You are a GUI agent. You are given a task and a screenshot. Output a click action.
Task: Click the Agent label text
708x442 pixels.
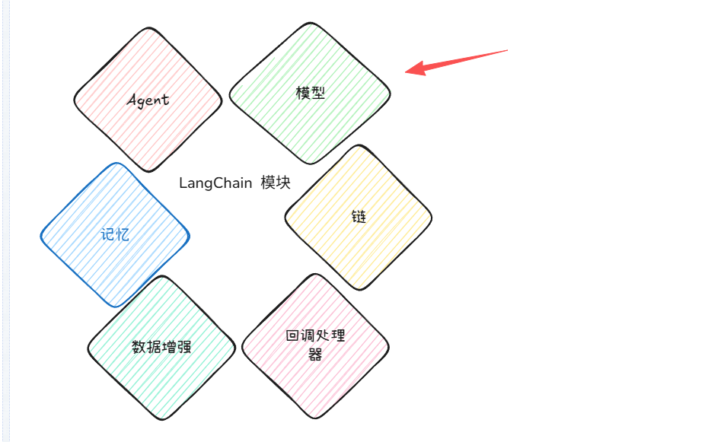point(148,100)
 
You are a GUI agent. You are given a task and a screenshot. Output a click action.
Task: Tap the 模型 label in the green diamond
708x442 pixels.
point(310,93)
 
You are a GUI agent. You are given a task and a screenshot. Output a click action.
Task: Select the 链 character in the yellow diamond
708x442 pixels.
point(359,217)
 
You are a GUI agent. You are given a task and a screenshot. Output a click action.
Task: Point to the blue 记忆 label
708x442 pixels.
point(115,234)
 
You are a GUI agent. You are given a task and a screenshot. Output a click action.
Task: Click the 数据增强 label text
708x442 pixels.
point(161,347)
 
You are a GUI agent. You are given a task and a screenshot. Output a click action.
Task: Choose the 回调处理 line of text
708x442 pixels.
point(316,335)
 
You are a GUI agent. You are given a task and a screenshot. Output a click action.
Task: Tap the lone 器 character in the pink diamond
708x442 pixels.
point(315,355)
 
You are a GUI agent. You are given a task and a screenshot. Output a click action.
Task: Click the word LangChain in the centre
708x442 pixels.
point(215,183)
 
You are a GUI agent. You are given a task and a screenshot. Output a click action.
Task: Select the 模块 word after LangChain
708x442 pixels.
point(276,183)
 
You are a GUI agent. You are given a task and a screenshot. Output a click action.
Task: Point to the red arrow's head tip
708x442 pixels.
point(406,72)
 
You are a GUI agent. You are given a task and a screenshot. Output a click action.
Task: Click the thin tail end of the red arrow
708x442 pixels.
point(508,50)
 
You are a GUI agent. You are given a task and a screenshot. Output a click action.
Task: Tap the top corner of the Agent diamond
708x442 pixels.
point(148,28)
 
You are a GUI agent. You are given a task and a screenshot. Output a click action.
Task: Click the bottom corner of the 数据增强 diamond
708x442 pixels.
point(162,419)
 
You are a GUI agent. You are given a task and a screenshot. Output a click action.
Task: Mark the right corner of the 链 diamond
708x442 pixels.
point(432,218)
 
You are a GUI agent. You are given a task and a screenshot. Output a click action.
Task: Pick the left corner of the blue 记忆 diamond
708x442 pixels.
point(41,235)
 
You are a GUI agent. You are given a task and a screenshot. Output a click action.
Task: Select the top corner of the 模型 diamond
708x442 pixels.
point(310,23)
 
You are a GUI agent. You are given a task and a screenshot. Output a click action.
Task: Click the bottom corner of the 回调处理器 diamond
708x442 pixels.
point(316,418)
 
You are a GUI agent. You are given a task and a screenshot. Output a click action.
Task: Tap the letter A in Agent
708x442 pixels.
point(132,100)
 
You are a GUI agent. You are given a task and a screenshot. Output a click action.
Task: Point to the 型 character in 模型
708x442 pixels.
point(318,93)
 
